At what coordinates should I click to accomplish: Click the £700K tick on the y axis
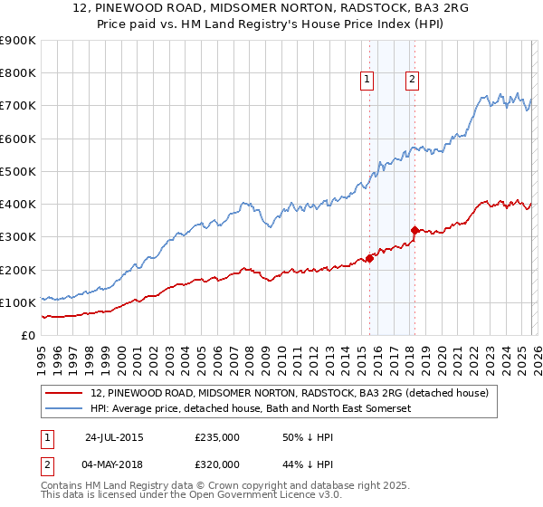pyautogui.click(x=18, y=106)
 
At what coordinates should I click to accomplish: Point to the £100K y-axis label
pyautogui.click(x=18, y=302)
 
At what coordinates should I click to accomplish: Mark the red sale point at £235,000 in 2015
pyautogui.click(x=370, y=258)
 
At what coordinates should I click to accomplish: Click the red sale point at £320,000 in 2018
pyautogui.click(x=414, y=230)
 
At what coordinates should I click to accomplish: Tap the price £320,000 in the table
pyautogui.click(x=217, y=464)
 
